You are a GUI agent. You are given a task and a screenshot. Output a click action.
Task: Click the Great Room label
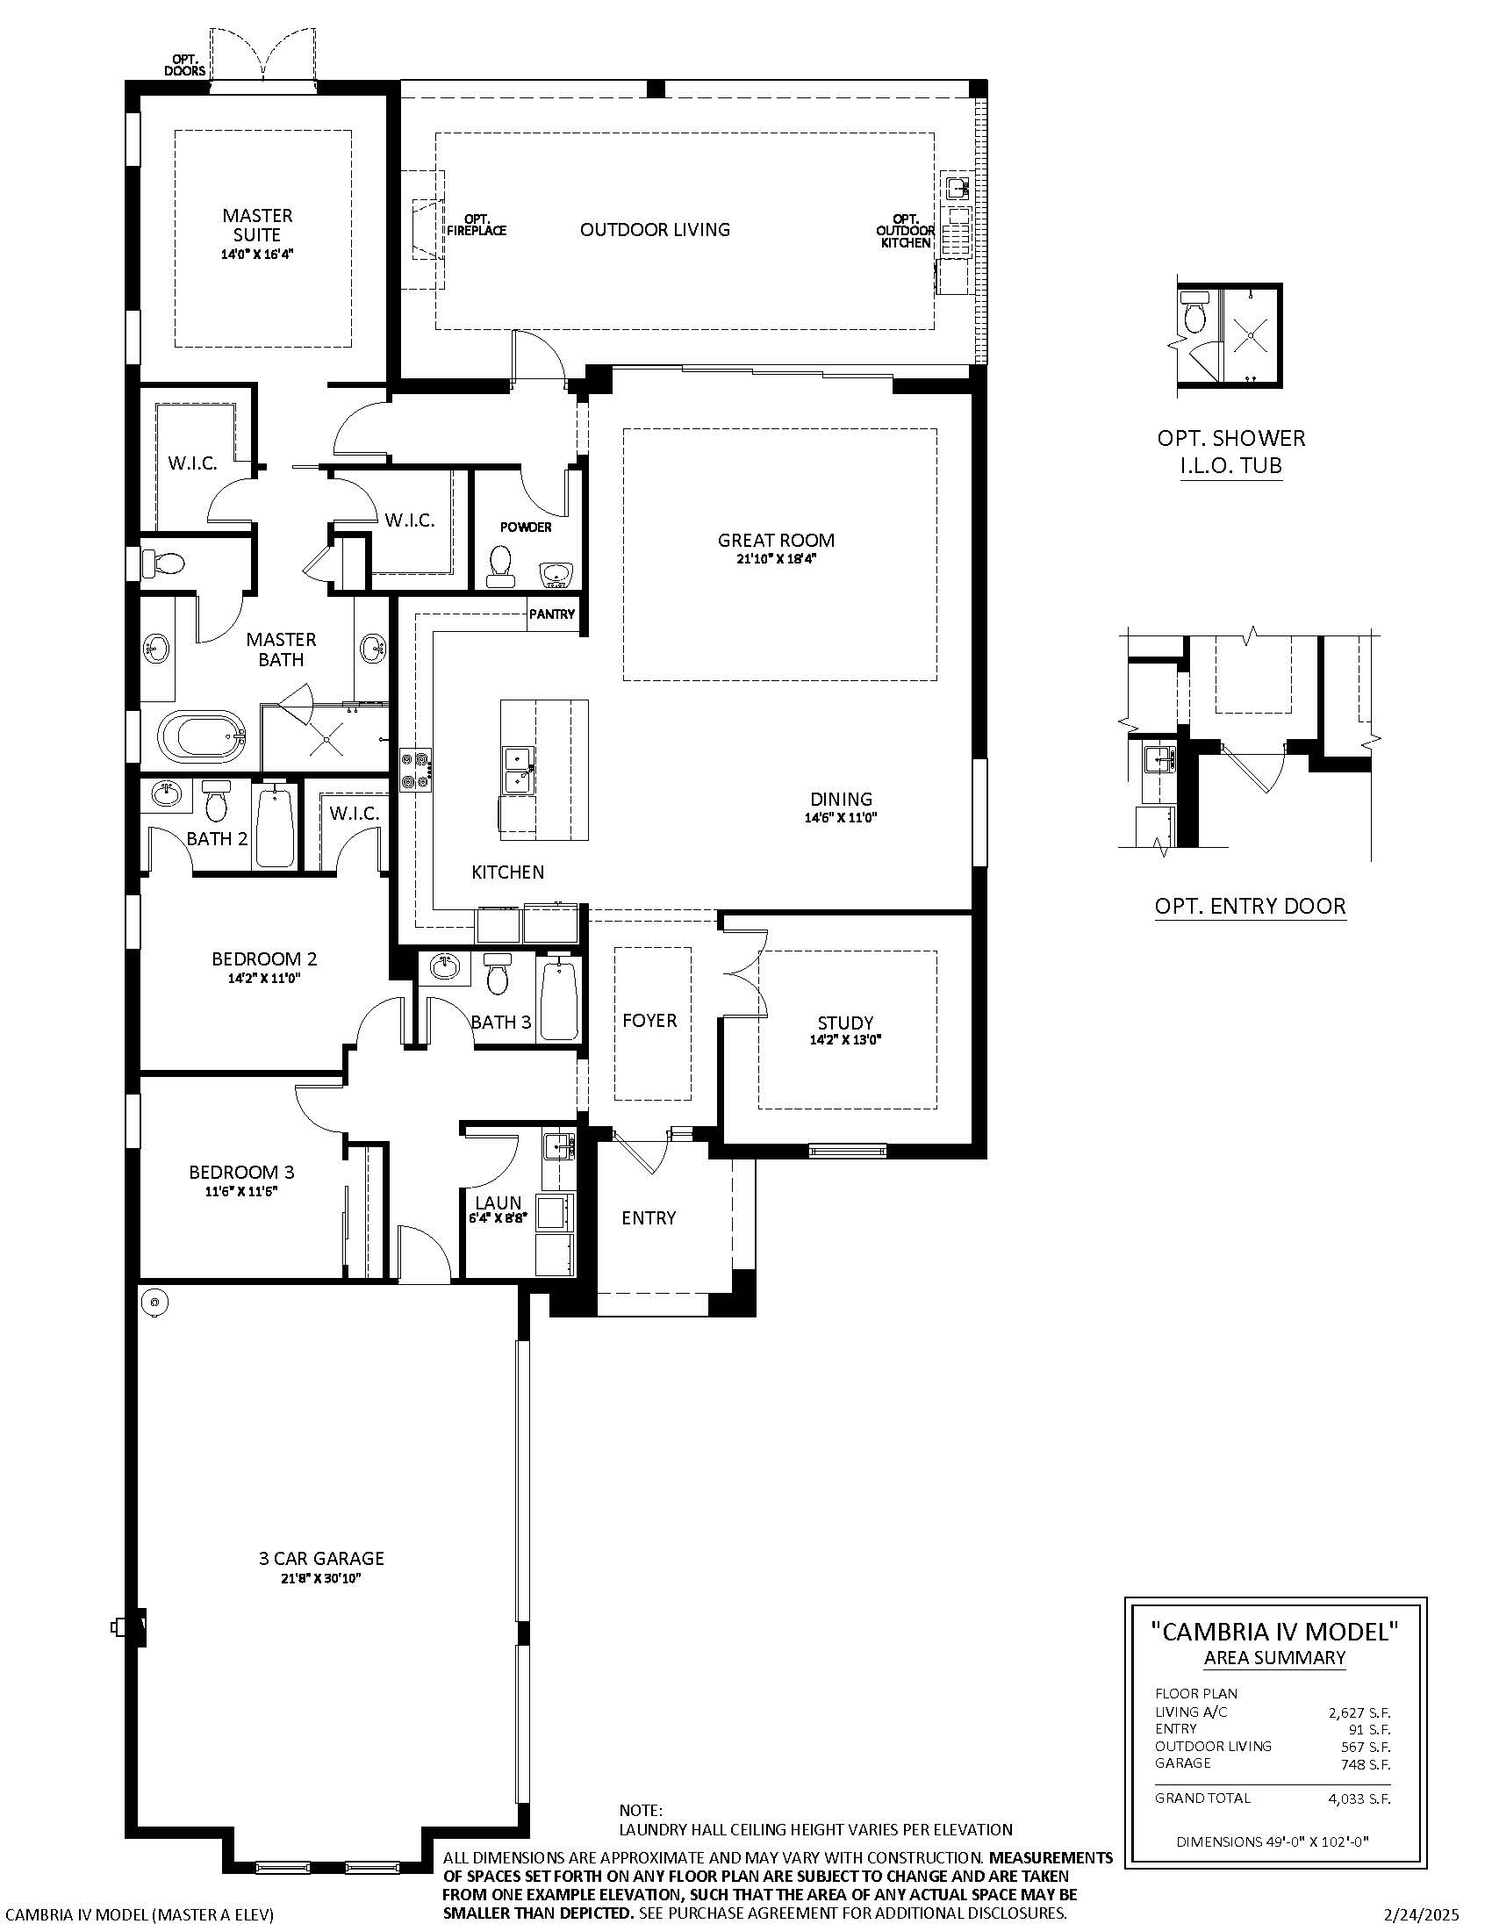[x=775, y=540]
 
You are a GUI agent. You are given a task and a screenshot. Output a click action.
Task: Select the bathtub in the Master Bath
[x=203, y=737]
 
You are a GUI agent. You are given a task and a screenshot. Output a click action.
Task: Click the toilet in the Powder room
[x=501, y=567]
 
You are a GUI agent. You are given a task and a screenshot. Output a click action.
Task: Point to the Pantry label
[x=551, y=614]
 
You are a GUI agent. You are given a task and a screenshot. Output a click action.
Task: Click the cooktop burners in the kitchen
[x=415, y=768]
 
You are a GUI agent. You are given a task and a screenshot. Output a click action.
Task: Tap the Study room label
[x=845, y=1023]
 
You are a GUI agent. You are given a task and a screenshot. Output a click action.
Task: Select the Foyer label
[x=649, y=1020]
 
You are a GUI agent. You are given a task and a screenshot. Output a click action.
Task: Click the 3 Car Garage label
[x=321, y=1558]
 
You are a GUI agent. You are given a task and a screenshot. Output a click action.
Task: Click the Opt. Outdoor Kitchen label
[x=905, y=230]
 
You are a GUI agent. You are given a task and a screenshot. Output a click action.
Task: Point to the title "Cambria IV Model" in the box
[x=1274, y=1631]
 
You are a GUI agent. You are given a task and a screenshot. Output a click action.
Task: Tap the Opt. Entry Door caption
[x=1250, y=906]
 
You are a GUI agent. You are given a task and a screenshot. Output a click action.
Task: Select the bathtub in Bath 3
[x=558, y=1000]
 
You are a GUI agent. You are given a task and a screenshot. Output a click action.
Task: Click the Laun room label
[x=499, y=1202]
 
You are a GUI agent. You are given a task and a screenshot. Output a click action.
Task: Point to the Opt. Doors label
[x=184, y=65]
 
